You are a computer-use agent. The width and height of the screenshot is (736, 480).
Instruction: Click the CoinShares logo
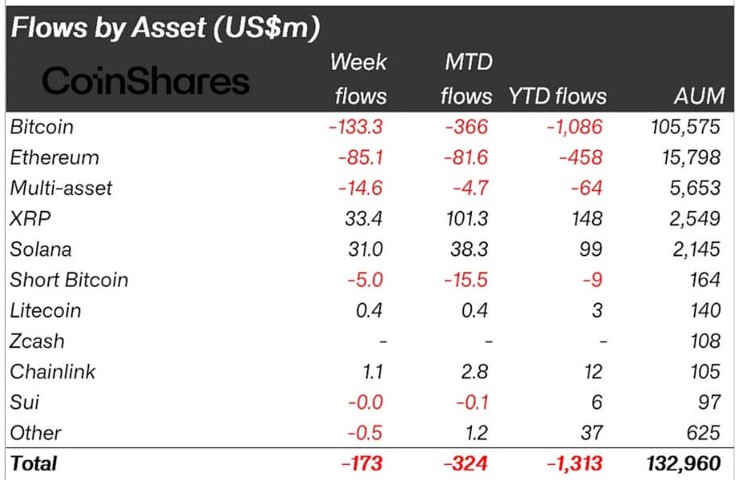[146, 81]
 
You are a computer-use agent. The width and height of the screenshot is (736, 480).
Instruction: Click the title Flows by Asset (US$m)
[165, 29]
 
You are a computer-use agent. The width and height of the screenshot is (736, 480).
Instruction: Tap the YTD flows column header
[557, 96]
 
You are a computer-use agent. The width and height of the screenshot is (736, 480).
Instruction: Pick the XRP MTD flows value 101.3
[466, 219]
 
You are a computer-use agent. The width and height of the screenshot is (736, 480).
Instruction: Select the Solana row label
[41, 249]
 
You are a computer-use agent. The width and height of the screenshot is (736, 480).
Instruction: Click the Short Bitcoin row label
[68, 280]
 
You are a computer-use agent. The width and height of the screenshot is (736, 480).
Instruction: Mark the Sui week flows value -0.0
[366, 403]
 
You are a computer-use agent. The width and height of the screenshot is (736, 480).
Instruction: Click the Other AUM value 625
[703, 433]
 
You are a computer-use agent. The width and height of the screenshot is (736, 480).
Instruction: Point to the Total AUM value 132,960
[684, 463]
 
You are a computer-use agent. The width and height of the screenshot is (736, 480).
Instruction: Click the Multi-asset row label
[61, 188]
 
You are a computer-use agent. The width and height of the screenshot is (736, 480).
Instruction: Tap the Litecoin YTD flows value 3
[597, 310]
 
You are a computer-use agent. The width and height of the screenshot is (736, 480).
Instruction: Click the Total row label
[33, 463]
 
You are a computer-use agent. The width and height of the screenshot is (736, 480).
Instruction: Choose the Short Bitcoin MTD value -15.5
[468, 280]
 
